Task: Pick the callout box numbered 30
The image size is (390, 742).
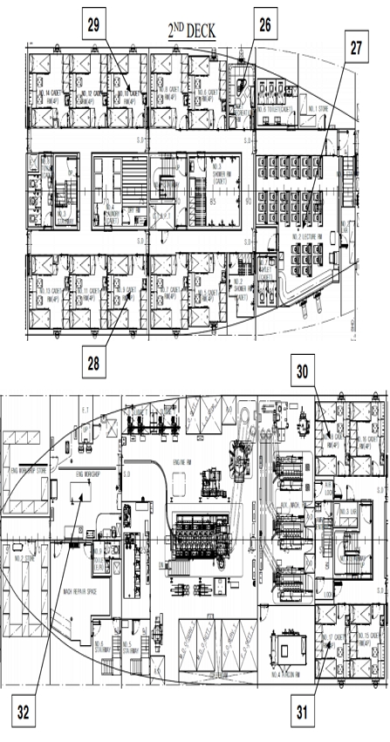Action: click(x=301, y=371)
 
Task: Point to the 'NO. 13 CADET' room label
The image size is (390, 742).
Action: click(x=51, y=293)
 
